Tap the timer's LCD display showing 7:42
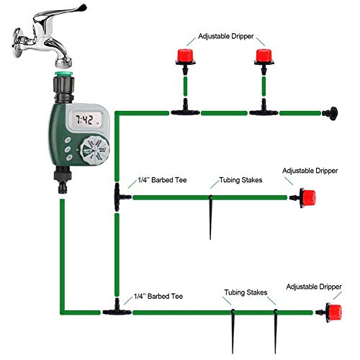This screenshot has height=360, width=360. pyautogui.click(x=91, y=120)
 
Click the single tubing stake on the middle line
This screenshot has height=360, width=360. pyautogui.click(x=211, y=216)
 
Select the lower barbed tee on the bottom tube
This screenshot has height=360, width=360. pyautogui.click(x=114, y=310)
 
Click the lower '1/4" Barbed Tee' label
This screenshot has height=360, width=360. pyautogui.click(x=161, y=296)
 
